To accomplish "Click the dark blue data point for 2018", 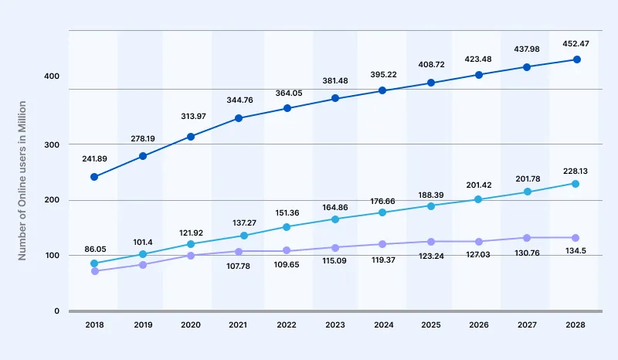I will (94, 177).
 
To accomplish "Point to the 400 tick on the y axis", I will (52, 76).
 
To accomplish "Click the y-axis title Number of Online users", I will (22, 178).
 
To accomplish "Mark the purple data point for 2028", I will (575, 238).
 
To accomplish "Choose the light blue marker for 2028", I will (575, 183).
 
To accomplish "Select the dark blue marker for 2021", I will (239, 118).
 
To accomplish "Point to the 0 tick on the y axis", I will (56, 311).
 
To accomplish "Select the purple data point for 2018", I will (94, 271).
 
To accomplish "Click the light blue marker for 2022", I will (287, 227).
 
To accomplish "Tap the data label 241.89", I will (94, 158).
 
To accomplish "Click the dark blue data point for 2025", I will (431, 83).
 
